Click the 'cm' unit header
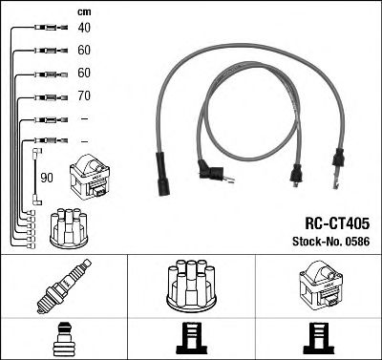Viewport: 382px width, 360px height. click(84, 11)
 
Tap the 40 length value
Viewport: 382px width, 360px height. click(84, 28)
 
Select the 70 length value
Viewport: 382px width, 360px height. click(84, 95)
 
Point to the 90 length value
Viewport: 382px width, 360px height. click(46, 178)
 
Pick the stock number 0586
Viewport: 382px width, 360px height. click(356, 241)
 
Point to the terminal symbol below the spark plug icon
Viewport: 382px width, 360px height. click(62, 338)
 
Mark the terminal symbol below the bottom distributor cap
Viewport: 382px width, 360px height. click(191, 338)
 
